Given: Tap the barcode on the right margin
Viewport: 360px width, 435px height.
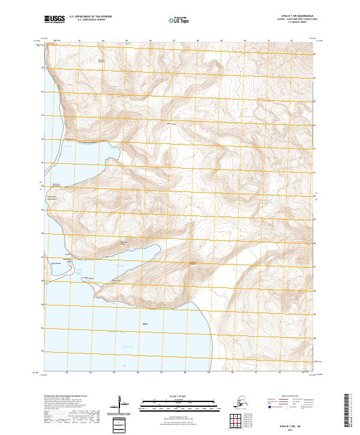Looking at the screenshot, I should (350, 408).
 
